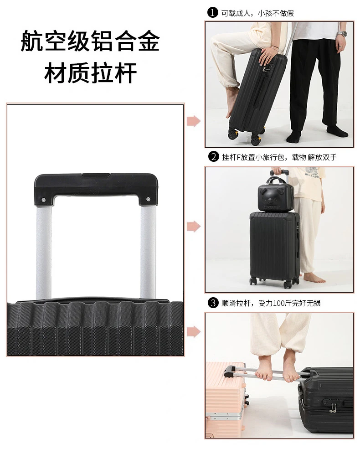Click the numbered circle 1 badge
tap(213, 12)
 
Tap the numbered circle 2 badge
tap(214, 157)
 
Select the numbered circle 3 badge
tap(213, 303)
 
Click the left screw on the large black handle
tap(43, 200)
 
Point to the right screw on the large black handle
tap(148, 199)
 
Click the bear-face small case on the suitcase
tap(276, 195)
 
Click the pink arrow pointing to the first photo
tap(193, 121)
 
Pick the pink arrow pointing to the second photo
tap(193, 227)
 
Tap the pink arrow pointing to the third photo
tap(193, 331)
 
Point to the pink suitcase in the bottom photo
tap(225, 400)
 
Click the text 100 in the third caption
tap(279, 303)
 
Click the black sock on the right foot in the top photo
tap(337, 131)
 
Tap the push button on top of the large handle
tap(96, 175)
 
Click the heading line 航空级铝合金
tap(90, 41)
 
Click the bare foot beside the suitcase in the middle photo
tap(314, 279)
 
